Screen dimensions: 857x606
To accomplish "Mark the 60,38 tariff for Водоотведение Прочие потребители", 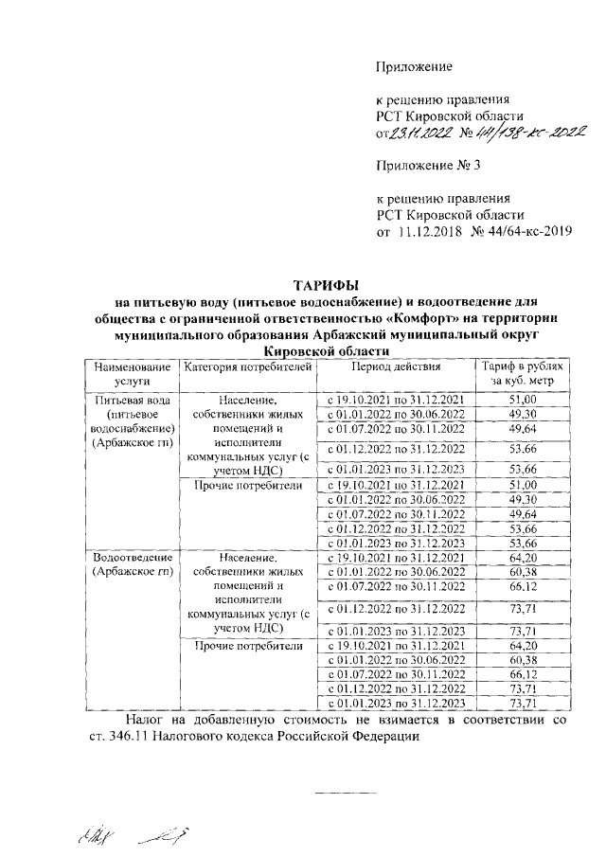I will pyautogui.click(x=523, y=659).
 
